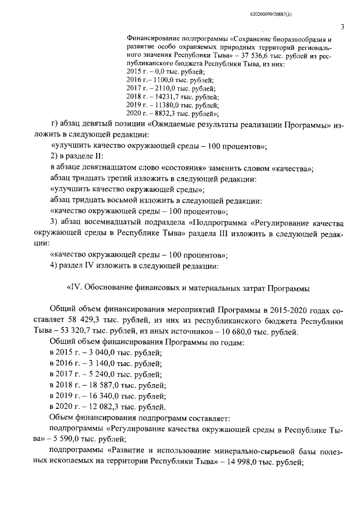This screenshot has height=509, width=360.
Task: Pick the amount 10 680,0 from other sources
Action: pyautogui.click(x=245, y=331)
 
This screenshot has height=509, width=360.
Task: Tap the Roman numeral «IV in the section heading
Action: pyautogui.click(x=75, y=288)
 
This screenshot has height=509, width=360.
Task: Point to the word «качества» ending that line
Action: pyautogui.click(x=294, y=169)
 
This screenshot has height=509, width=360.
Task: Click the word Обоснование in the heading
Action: pyautogui.click(x=112, y=288)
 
